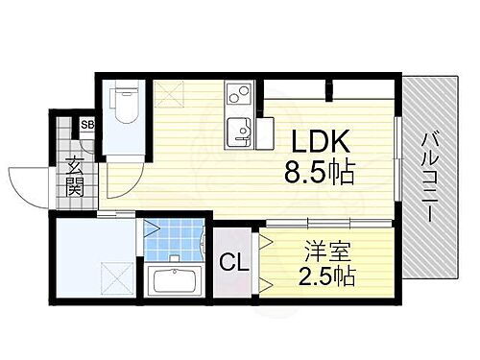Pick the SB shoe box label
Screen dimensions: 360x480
87,124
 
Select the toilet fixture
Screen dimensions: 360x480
124,107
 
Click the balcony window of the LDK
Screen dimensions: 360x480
396,163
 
